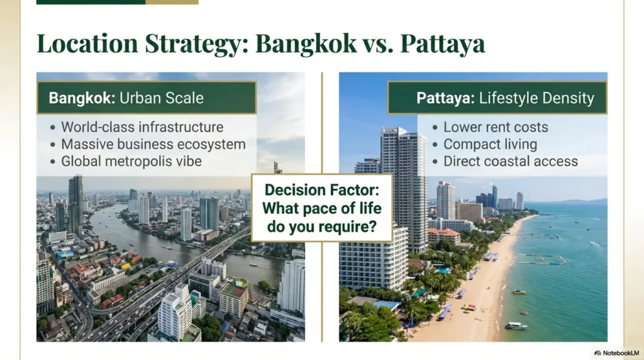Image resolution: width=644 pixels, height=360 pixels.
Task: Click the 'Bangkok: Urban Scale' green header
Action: coord(146,98)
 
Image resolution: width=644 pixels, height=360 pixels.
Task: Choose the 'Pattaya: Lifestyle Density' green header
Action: coord(497,98)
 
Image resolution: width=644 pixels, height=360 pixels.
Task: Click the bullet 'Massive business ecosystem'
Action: coord(153,144)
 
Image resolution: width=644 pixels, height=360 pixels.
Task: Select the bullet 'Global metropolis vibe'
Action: coord(131,161)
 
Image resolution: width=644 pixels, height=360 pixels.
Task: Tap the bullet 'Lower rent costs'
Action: coord(496,127)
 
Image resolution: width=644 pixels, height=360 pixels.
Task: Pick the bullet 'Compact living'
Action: coord(490,144)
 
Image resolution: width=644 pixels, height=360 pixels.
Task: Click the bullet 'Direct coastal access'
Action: coord(510,161)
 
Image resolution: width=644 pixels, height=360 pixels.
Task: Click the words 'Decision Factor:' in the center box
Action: coord(321,190)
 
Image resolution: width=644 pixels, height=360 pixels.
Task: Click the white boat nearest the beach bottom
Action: coord(516,325)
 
